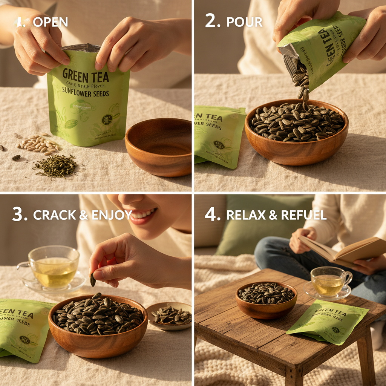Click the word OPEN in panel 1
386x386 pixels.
click(x=50, y=22)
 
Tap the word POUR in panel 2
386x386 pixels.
click(x=244, y=22)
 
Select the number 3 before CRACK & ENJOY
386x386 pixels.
click(x=19, y=214)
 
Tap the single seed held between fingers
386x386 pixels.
click(x=93, y=280)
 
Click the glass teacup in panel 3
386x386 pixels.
click(x=54, y=267)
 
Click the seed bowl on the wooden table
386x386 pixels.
click(x=266, y=297)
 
